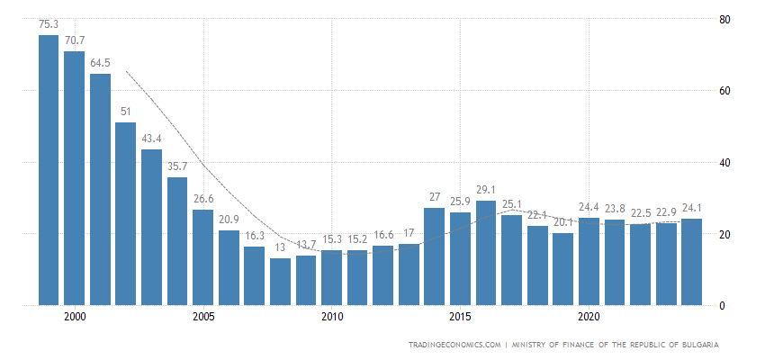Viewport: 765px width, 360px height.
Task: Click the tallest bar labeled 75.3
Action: (x=49, y=171)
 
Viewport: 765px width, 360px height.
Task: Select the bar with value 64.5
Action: (x=100, y=190)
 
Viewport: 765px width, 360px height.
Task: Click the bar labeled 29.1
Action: (x=486, y=253)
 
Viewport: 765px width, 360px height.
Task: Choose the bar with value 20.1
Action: (x=563, y=269)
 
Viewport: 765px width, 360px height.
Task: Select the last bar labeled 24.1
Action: (x=692, y=262)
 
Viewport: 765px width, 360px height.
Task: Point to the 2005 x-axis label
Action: (x=203, y=318)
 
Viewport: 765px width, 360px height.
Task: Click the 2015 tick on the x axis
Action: (x=461, y=318)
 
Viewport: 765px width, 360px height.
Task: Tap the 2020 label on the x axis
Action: (x=589, y=318)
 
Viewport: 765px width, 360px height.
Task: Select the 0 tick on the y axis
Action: (x=722, y=306)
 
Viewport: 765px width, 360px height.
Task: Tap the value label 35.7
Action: (x=177, y=166)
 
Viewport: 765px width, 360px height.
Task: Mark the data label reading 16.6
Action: (x=383, y=235)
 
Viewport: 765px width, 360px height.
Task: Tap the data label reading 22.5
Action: (x=640, y=213)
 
